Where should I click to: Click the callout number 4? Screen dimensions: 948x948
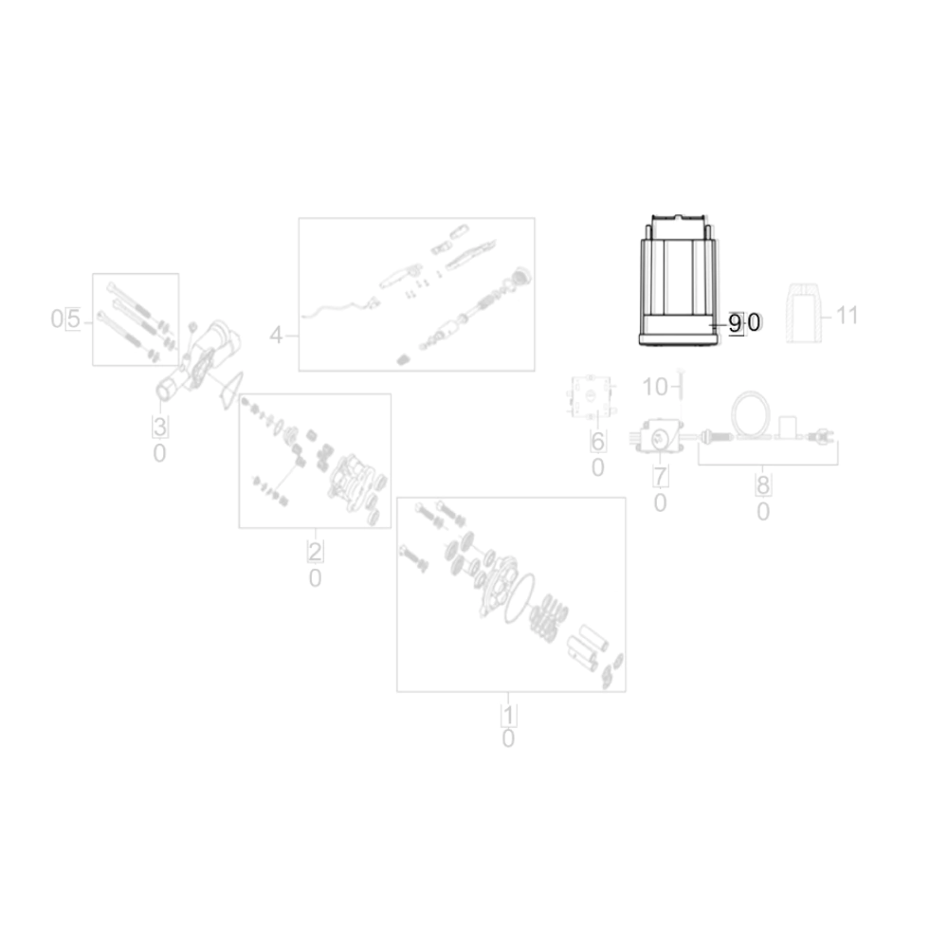[x=276, y=335]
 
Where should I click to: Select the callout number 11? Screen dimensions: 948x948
[x=847, y=315]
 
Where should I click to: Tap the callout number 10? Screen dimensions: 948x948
[x=655, y=387]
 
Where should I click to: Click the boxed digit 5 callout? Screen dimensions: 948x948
[x=73, y=319]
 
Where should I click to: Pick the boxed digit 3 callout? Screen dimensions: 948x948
[x=159, y=427]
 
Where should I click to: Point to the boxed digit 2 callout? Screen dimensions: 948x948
[x=315, y=552]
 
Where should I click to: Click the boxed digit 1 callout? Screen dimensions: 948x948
[x=508, y=715]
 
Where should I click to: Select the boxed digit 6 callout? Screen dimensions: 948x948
[x=597, y=442]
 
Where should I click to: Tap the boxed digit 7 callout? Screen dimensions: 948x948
[x=660, y=477]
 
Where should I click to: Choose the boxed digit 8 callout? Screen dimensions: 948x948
[x=763, y=484]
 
